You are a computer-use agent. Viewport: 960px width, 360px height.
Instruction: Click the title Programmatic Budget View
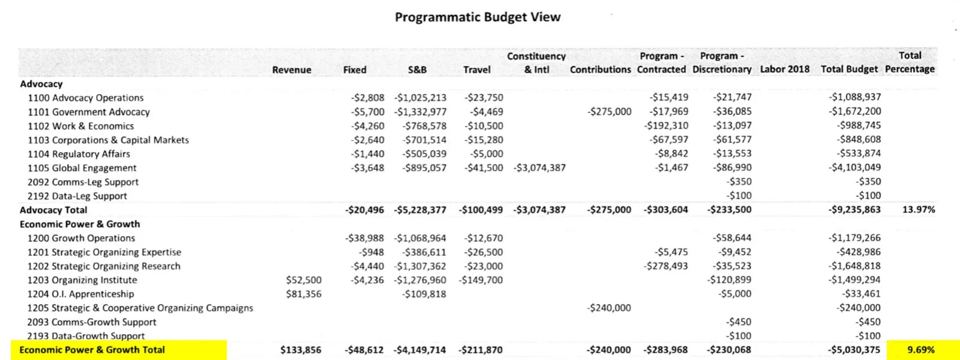pos(478,17)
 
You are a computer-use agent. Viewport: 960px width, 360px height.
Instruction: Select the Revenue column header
pos(292,70)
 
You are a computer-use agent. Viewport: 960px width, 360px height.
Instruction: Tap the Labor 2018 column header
pos(784,69)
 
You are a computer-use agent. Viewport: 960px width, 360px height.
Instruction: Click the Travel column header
pos(476,70)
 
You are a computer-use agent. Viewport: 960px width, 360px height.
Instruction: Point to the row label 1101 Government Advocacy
pos(89,112)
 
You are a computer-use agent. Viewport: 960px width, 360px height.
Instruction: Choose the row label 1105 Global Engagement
pos(82,168)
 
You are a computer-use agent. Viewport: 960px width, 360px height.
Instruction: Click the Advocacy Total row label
pos(53,210)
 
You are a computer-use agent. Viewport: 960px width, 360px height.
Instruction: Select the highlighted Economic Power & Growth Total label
pos(92,350)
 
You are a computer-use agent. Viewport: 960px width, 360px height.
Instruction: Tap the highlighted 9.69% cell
pos(920,350)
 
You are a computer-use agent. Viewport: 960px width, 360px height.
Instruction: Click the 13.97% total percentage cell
pos(919,209)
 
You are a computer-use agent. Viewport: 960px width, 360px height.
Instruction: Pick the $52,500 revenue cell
pos(304,280)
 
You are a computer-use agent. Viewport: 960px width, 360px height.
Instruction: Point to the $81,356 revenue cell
pos(304,294)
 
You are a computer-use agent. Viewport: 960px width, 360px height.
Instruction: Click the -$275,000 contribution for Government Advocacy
pos(609,112)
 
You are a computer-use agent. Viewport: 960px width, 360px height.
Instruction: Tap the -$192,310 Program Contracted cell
pos(666,125)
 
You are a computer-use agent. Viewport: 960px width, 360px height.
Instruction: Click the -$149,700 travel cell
pos(481,280)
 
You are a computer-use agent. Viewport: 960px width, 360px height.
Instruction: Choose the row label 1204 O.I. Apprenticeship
pos(80,294)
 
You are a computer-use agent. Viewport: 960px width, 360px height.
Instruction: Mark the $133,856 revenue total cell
pos(301,350)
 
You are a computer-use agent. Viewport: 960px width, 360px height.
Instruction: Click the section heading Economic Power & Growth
pos(80,224)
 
